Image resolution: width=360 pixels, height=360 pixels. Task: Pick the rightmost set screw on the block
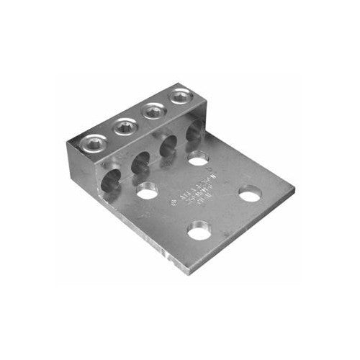tap(178, 96)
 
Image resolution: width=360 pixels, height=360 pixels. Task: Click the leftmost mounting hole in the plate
tap(148, 192)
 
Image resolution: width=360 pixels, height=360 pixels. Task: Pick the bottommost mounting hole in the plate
tap(197, 233)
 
